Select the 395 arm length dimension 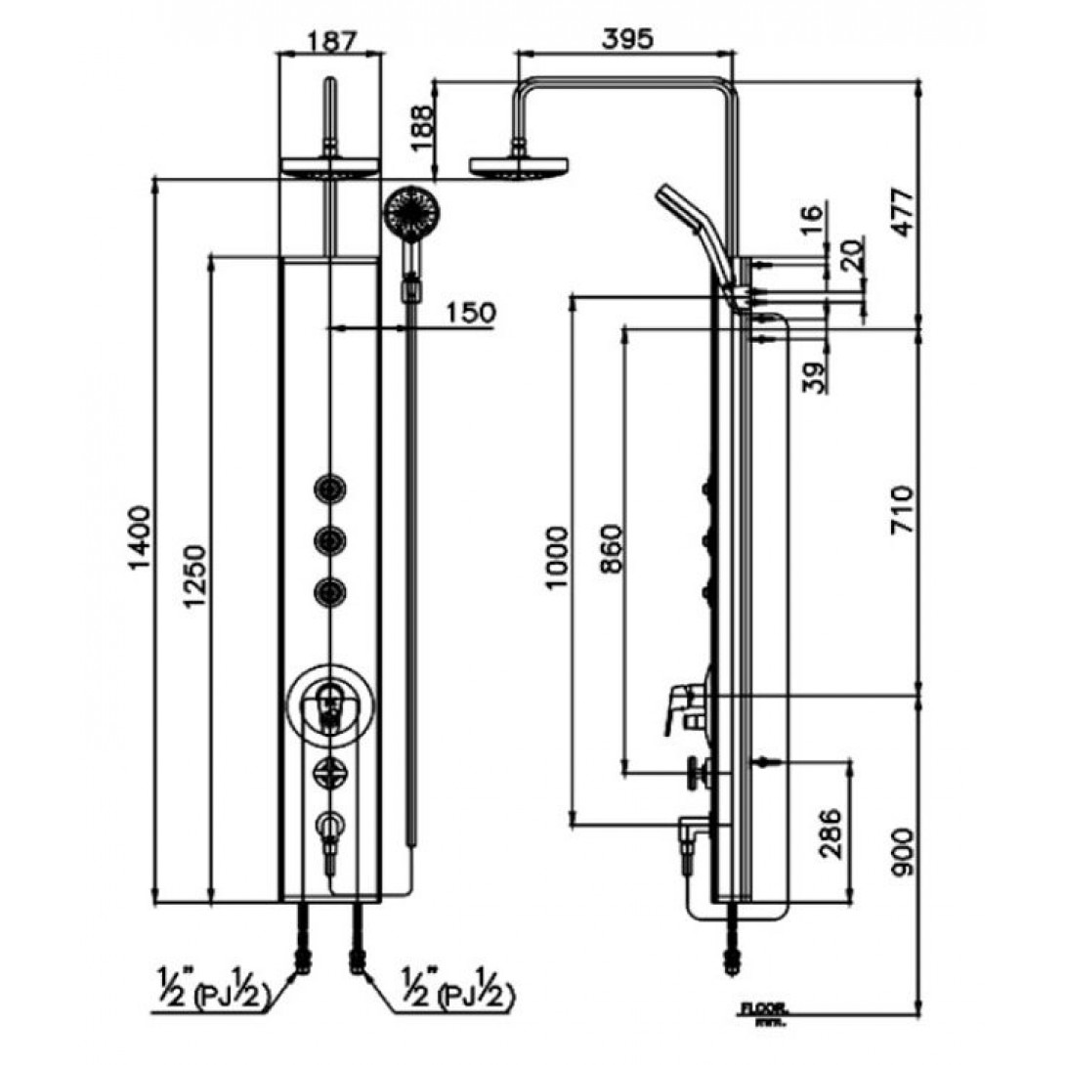tap(625, 39)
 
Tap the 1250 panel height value tap(195, 576)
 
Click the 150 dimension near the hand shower tap(471, 313)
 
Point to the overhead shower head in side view tap(519, 165)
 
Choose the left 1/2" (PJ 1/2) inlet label tap(210, 998)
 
